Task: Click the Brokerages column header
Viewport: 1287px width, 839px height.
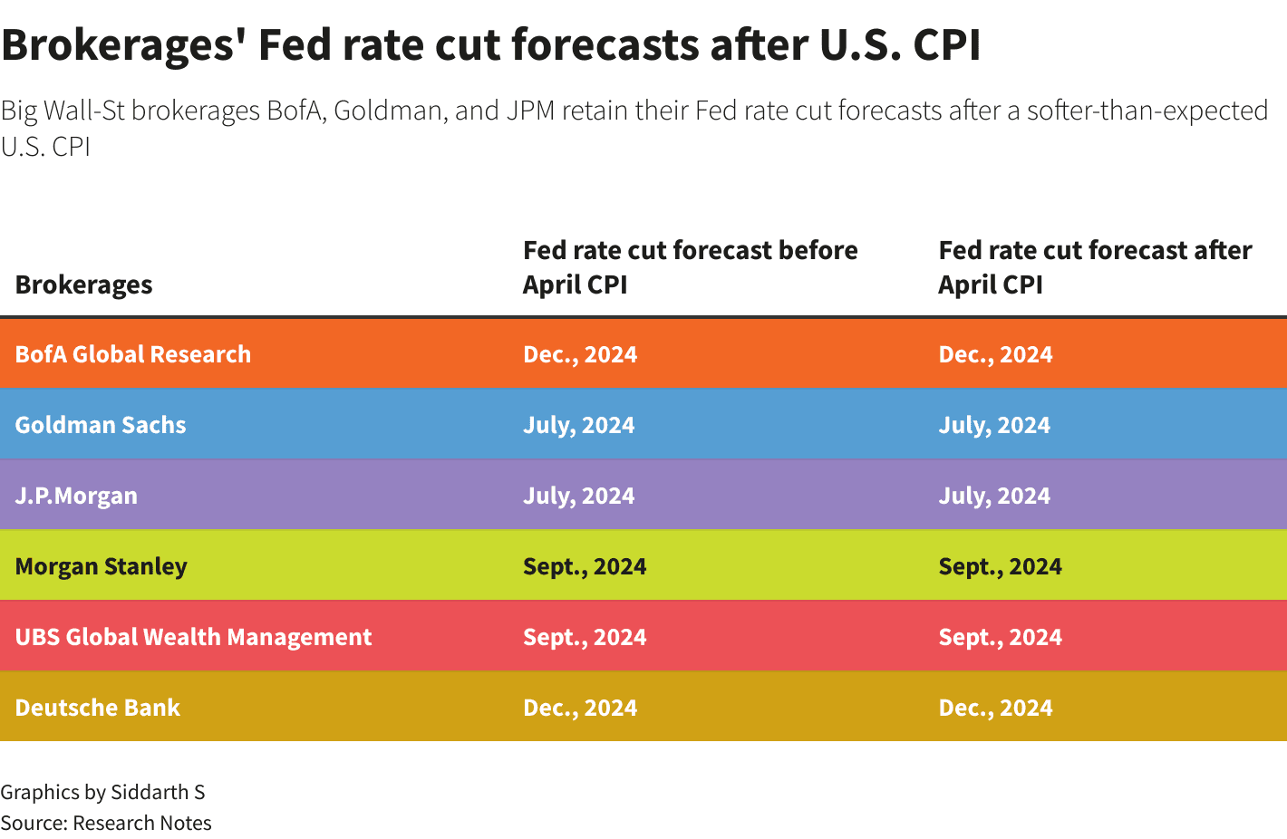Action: [x=83, y=284]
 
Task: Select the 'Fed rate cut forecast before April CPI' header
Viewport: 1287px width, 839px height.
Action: [x=690, y=267]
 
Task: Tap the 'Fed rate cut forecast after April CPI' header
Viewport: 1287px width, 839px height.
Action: [x=1095, y=267]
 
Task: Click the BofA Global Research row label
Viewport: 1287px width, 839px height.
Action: [x=133, y=354]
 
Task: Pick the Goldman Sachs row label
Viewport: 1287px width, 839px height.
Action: [x=101, y=425]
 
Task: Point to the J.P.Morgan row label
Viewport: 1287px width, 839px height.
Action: [x=76, y=496]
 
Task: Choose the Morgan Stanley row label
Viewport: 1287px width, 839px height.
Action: [x=102, y=566]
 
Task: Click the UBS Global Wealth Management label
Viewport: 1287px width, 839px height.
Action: [x=193, y=637]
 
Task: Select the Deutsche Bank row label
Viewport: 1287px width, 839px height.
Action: [x=98, y=708]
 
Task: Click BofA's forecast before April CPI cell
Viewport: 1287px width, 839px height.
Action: [x=580, y=354]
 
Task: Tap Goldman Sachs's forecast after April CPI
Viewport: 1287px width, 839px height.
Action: [x=994, y=425]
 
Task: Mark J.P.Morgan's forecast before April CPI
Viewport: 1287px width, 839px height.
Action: [x=578, y=496]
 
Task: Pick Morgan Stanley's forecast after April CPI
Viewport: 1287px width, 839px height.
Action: [x=1000, y=566]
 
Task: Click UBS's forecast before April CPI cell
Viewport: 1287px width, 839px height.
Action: [x=585, y=637]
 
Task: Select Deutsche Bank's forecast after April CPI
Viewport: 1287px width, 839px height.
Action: [x=995, y=708]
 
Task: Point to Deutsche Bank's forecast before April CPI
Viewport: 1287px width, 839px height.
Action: [x=580, y=708]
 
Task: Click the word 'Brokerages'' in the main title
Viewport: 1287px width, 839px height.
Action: [x=123, y=45]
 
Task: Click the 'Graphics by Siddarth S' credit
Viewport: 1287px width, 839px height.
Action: [x=102, y=792]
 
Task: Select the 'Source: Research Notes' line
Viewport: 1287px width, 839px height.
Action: [x=106, y=823]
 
